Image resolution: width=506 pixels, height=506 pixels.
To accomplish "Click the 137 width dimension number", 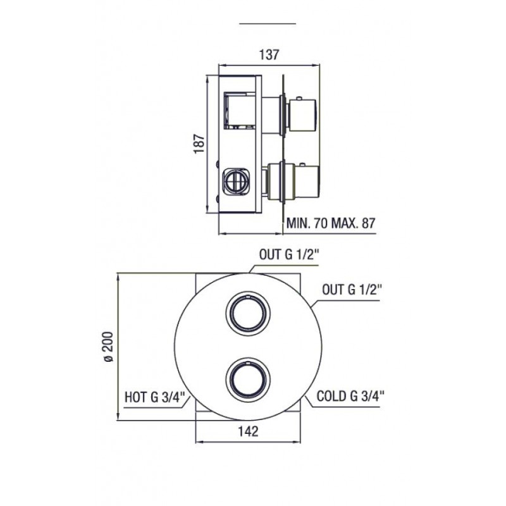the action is (269, 54).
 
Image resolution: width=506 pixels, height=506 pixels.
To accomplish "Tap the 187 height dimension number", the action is (199, 144).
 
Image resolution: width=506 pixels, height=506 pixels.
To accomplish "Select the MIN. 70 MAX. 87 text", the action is (331, 223).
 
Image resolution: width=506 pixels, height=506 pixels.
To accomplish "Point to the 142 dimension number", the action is (249, 431).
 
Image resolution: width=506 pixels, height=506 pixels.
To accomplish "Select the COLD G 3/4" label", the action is (350, 396).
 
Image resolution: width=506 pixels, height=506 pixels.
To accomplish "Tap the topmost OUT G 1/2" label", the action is (289, 255).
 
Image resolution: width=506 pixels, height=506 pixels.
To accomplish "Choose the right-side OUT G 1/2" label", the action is (352, 290).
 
